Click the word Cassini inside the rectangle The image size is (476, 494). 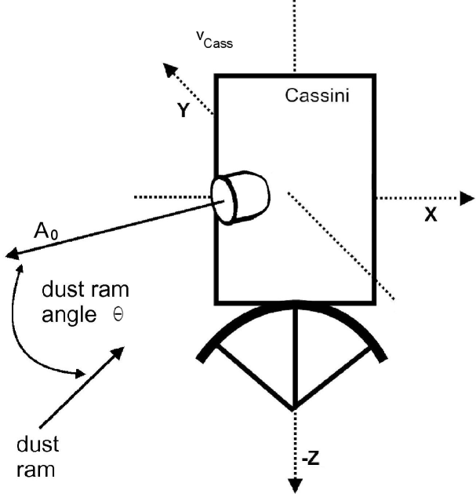coord(316,96)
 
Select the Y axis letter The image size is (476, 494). coord(183,111)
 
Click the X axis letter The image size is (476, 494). coord(430,214)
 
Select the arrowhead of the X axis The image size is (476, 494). coord(467,198)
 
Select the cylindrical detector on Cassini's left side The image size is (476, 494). coord(239,197)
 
